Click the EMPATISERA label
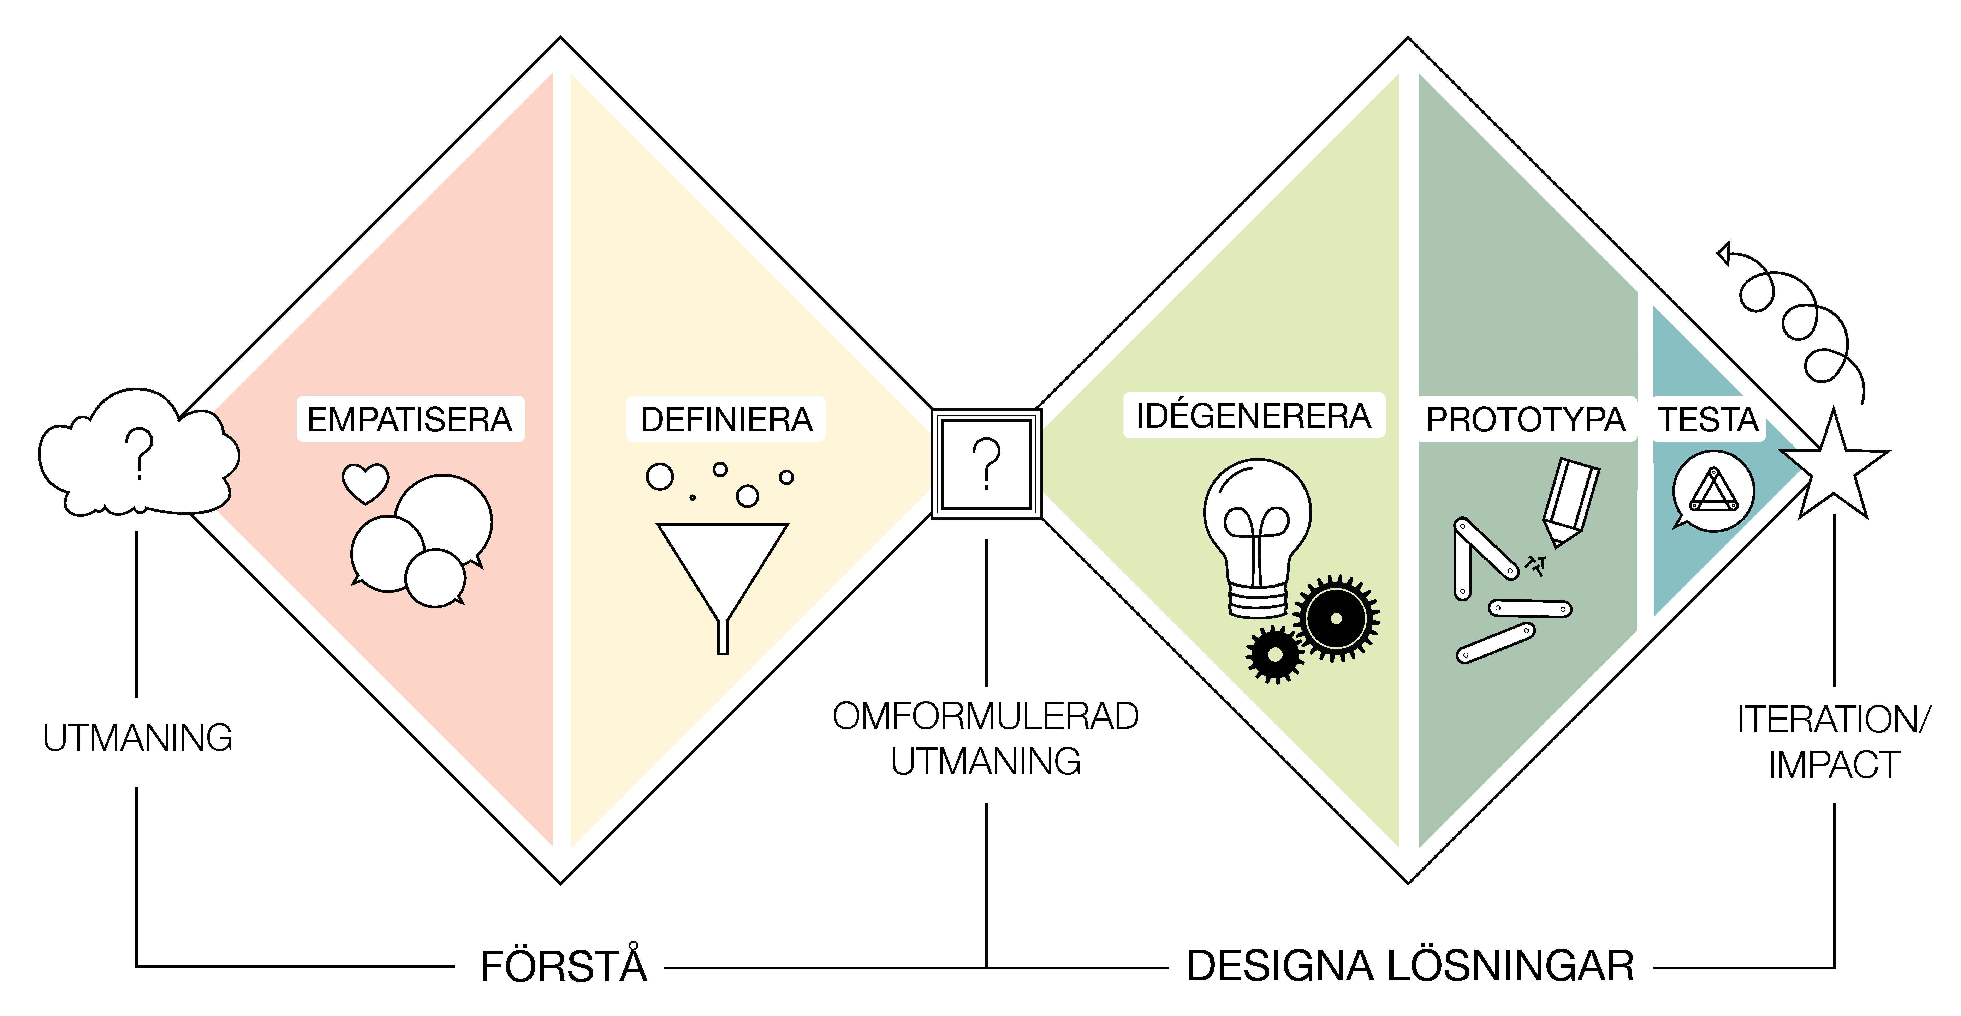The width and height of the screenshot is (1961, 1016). [410, 419]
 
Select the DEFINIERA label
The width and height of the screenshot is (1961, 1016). [726, 419]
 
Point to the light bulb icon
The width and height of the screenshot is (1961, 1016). [1258, 533]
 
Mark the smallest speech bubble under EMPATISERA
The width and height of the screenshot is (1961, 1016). [435, 578]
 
